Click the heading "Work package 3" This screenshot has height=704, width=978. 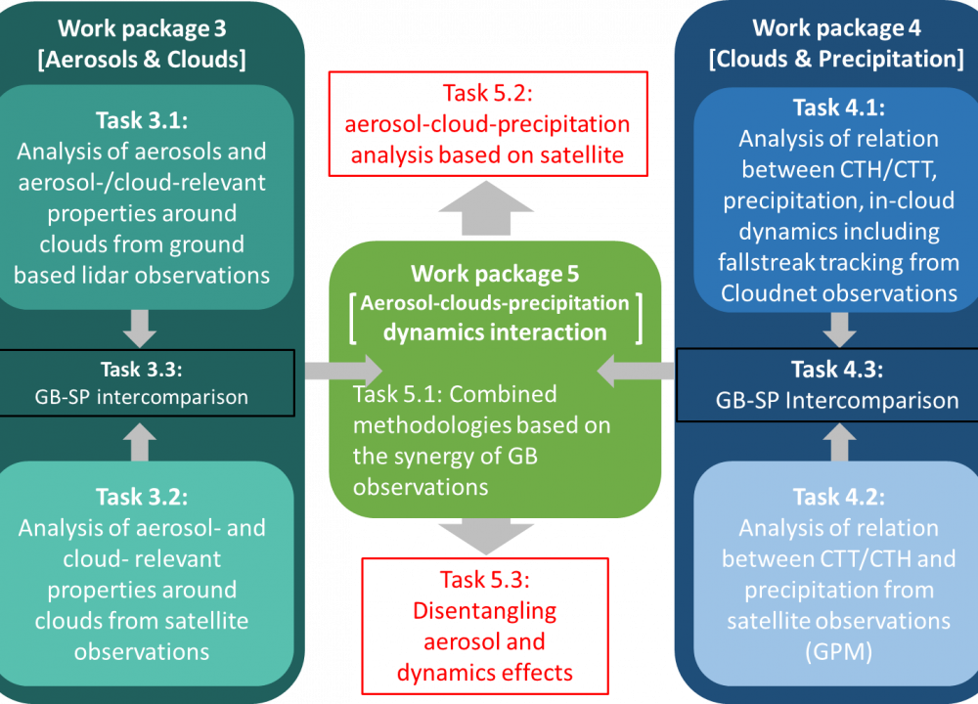(x=142, y=26)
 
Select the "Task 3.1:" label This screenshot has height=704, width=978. (x=142, y=120)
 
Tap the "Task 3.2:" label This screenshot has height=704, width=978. (x=142, y=497)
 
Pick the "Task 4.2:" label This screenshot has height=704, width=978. (x=838, y=496)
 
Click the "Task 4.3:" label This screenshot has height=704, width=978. (x=838, y=371)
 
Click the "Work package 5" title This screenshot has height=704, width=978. (x=494, y=274)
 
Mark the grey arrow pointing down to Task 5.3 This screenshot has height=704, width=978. (x=487, y=536)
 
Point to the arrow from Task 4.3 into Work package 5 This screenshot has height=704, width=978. (x=636, y=371)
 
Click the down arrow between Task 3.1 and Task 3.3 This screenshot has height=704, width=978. (x=142, y=328)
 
